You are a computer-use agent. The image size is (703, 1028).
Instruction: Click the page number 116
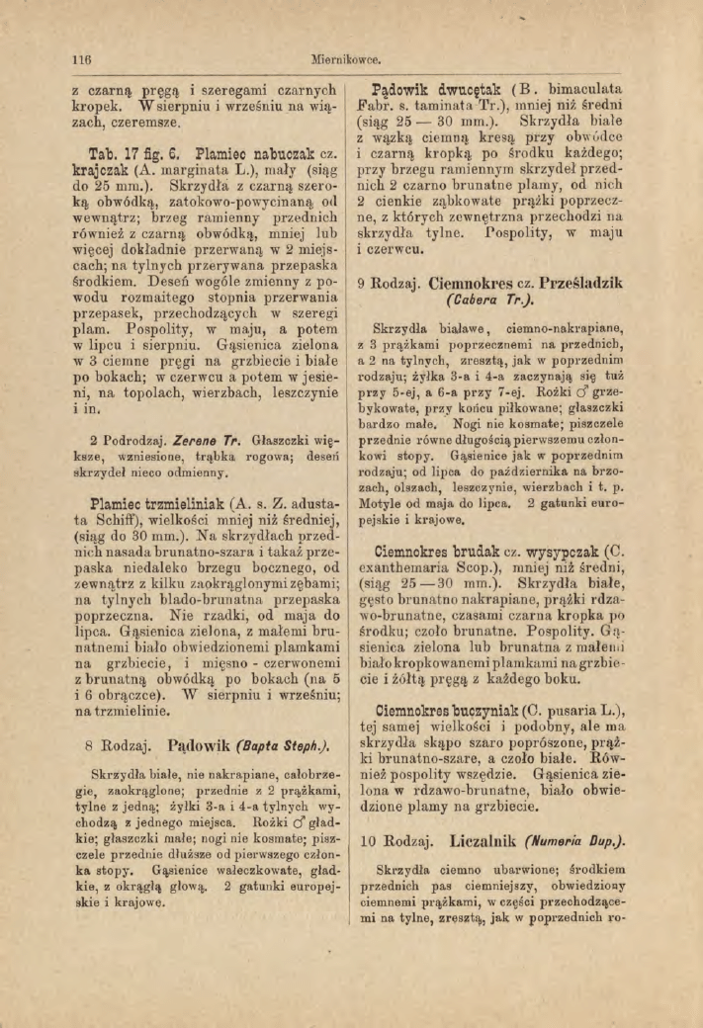click(68, 59)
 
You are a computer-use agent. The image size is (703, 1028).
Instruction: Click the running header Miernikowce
click(350, 59)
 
